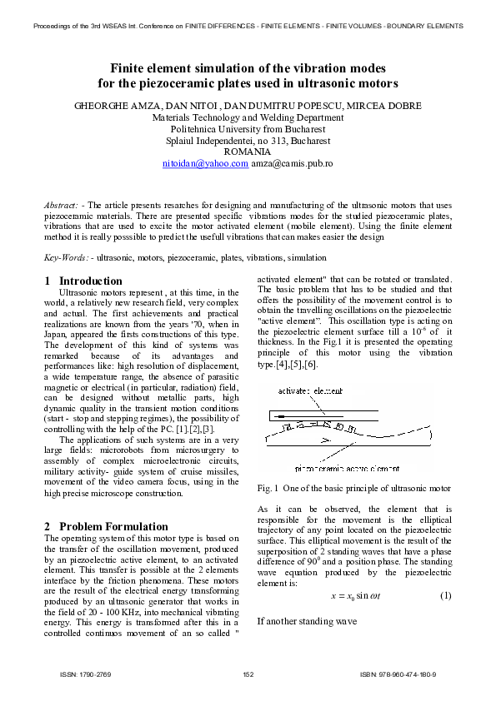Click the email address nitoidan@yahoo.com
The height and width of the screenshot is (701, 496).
tap(205, 164)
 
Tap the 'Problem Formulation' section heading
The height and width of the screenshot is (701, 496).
tap(113, 526)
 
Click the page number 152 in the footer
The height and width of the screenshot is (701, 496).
tap(248, 674)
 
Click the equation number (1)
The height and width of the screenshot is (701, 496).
tap(445, 595)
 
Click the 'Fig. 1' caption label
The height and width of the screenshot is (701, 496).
tap(268, 488)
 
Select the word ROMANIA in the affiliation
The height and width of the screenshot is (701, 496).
tap(248, 152)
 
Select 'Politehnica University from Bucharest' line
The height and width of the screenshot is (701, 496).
tap(248, 130)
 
